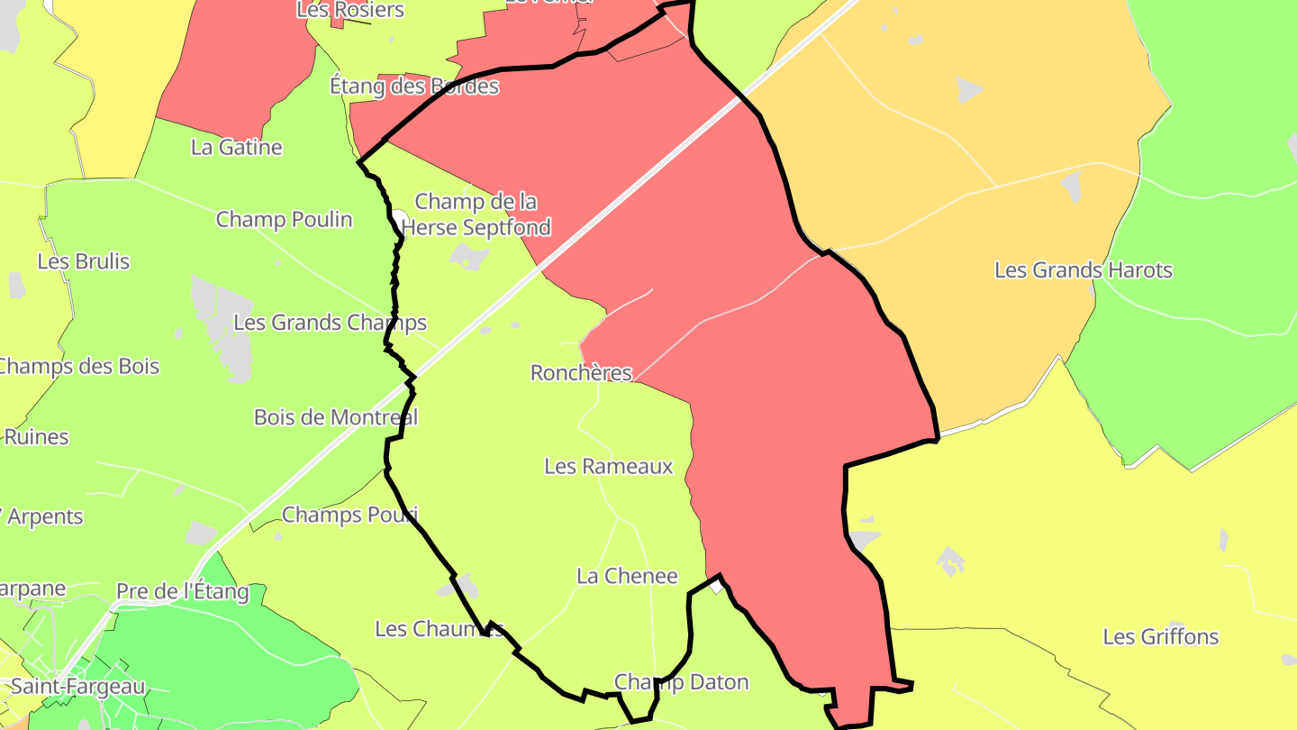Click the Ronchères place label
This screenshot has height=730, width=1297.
point(581,372)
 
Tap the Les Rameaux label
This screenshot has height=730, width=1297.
point(609,466)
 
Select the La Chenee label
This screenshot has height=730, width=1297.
point(627,576)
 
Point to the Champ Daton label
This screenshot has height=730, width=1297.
point(681,682)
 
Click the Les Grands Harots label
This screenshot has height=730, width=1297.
point(1084,269)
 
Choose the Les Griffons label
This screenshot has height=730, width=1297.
point(1161,636)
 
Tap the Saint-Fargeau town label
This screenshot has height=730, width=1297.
point(77,687)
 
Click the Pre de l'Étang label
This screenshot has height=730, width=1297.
point(182,592)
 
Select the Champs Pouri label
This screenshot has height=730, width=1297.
point(349,515)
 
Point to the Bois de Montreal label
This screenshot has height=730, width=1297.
point(336,417)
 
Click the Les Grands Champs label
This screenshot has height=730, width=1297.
point(330,322)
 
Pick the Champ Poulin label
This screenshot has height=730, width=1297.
point(284,219)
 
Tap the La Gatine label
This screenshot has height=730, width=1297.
point(237,147)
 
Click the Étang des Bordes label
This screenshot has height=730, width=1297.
point(414,87)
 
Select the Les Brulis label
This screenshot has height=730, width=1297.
point(84,261)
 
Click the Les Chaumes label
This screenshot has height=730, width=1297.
point(439,628)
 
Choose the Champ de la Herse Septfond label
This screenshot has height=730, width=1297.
point(476,214)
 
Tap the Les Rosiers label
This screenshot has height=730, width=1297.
point(350,11)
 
